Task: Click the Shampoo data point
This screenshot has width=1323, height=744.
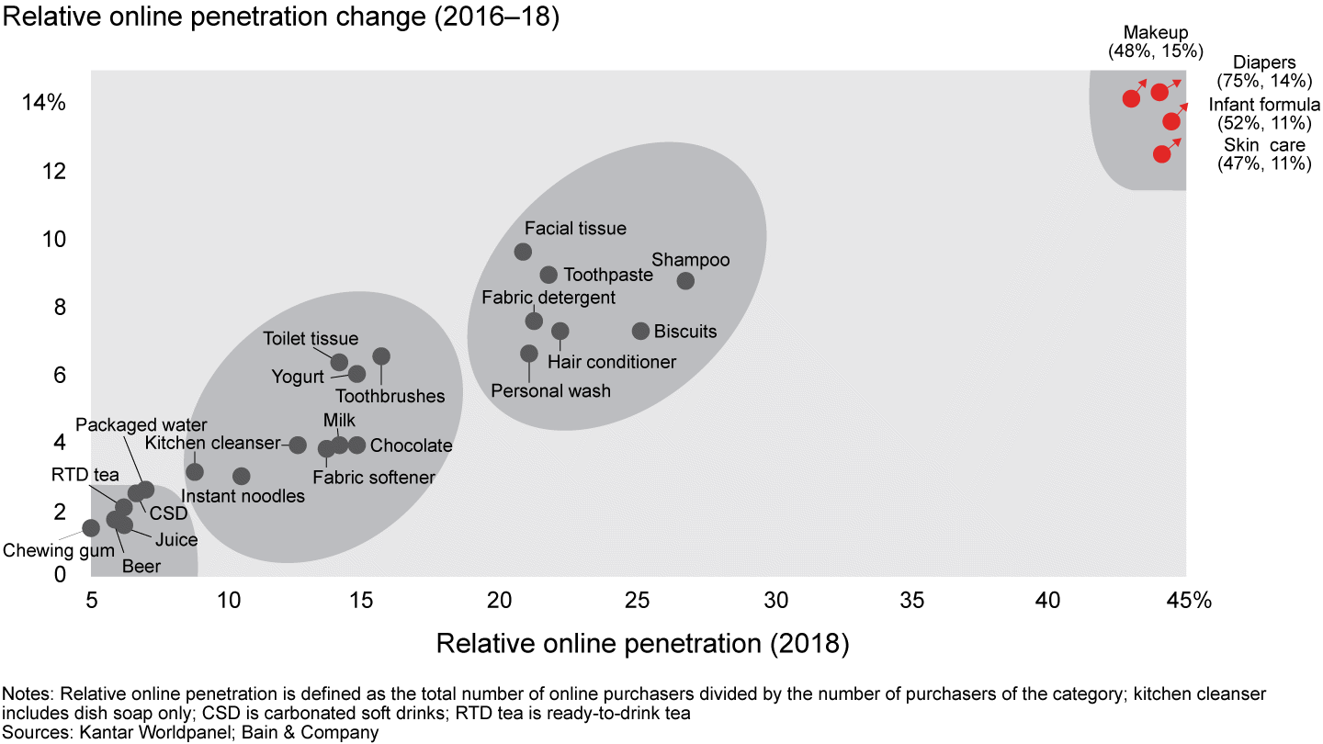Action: point(685,281)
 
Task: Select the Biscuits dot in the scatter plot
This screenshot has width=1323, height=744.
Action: point(641,331)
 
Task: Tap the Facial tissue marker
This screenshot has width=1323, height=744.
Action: point(524,252)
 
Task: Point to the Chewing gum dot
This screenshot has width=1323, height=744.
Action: point(91,528)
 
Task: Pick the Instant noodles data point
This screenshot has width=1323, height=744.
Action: point(242,476)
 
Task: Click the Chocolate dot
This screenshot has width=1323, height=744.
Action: point(357,445)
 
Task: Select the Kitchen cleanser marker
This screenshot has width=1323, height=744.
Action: point(298,445)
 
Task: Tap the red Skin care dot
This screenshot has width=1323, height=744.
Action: point(1162,154)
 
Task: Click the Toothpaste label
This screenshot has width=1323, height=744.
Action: point(608,275)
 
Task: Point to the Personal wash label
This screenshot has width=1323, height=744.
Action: point(551,390)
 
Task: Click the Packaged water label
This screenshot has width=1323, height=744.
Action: point(141,425)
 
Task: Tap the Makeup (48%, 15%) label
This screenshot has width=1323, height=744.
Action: point(1156,42)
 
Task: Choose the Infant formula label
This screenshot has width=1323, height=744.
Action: point(1264,104)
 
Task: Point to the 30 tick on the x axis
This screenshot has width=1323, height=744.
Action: point(776,600)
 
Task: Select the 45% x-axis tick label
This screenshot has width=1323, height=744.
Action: point(1190,600)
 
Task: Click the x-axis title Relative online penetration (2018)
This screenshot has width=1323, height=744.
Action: point(642,643)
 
